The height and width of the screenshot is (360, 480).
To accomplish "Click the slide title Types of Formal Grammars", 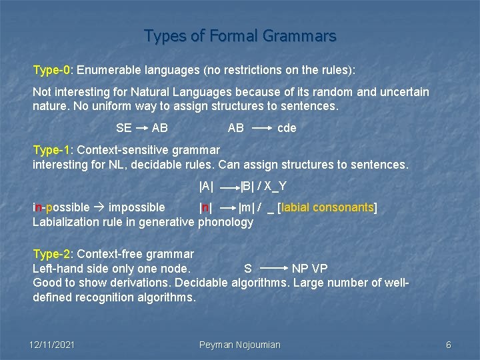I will [x=240, y=35].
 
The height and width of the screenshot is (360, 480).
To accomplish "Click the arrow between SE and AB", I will [x=142, y=128].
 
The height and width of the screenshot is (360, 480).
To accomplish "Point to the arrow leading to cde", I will [x=261, y=128].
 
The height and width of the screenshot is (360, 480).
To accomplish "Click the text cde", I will [x=287, y=128].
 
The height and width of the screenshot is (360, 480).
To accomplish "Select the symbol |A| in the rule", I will [x=207, y=186].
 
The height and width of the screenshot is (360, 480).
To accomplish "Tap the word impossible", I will [x=137, y=207].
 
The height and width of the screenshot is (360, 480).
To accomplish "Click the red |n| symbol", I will [x=207, y=207].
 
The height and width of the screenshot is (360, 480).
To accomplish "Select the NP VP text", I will [x=310, y=269].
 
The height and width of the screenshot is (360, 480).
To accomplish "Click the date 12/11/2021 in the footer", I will [x=52, y=345].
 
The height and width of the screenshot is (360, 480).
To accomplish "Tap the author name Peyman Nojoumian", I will [x=240, y=345].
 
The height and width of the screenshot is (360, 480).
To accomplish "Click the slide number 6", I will [x=449, y=345].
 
